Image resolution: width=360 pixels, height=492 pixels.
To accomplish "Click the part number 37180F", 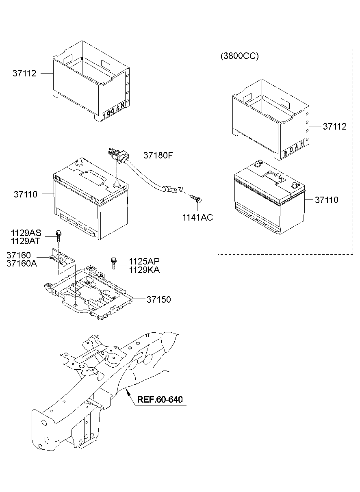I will pos(158,155).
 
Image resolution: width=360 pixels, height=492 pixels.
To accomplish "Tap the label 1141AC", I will pos(197,218).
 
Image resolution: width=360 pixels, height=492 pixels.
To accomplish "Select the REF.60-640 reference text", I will pos(160,399).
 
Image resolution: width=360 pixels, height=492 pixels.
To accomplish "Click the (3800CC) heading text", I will pos(240,56).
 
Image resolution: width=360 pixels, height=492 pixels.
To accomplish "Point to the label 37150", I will pos(158,299).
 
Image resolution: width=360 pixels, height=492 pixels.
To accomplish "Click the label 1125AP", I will pos(144,261).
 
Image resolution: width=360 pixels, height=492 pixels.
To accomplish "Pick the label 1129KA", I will pos(144,269).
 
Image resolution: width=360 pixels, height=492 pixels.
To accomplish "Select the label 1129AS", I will pos(26,233).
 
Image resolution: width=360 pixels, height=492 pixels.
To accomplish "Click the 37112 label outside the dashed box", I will pos(24,74).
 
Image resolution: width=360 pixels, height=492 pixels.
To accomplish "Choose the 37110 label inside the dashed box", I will pos(325,200).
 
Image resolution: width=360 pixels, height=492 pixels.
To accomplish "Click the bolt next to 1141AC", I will pos(197,199).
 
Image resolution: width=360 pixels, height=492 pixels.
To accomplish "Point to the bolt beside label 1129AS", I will pos(58,235).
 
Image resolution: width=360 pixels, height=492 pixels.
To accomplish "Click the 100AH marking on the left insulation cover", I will pos(113,110).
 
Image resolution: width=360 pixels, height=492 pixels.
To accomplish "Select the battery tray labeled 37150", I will pos(89,293).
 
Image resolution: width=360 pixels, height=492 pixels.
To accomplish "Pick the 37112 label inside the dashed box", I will pos(335,126).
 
